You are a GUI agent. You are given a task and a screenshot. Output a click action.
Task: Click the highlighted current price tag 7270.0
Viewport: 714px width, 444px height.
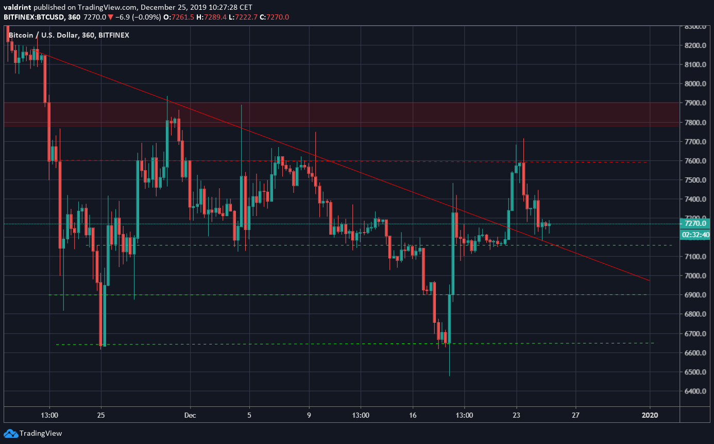(695, 224)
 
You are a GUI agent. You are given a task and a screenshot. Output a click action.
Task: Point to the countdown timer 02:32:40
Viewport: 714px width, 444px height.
(695, 235)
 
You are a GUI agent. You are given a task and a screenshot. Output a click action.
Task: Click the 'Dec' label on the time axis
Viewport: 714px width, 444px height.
(190, 415)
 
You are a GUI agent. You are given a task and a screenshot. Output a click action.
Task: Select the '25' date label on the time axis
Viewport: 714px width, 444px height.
(101, 415)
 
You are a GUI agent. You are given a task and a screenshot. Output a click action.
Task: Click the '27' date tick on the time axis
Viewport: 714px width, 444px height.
(576, 415)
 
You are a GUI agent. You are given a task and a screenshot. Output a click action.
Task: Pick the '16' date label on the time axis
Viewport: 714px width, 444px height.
(412, 415)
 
